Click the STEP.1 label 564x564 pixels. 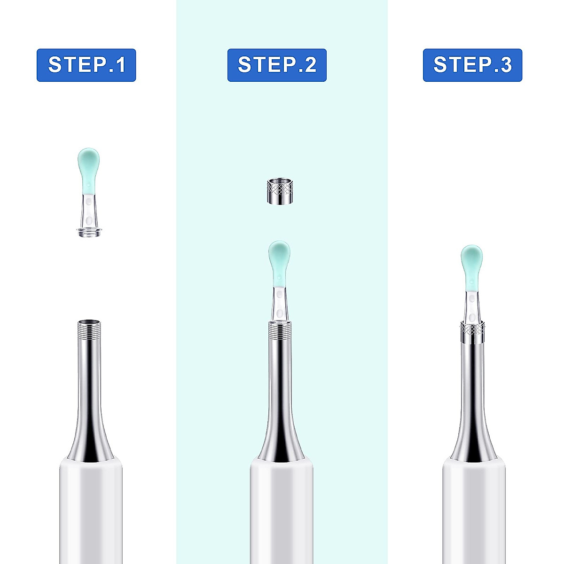[86, 65]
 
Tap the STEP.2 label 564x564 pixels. [277, 65]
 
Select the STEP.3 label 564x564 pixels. [472, 65]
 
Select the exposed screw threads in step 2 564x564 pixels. [279, 330]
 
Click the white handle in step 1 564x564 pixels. [91, 508]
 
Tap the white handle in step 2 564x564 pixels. [281, 508]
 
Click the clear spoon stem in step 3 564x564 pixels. [471, 305]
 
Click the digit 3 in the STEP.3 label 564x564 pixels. [506, 65]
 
